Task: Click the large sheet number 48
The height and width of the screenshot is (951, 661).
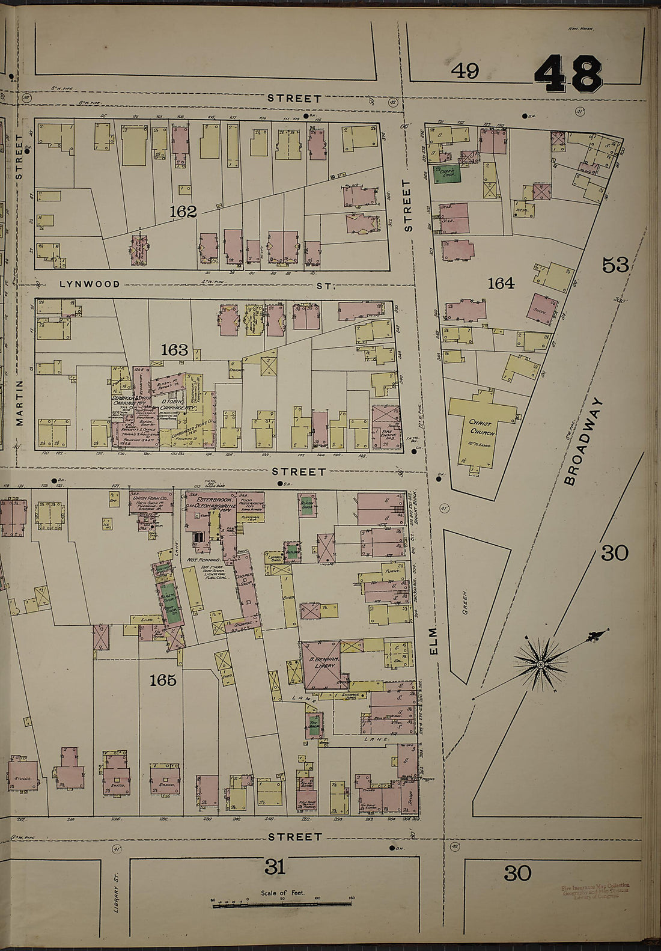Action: pyautogui.click(x=568, y=73)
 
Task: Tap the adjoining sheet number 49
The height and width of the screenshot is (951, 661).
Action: pyautogui.click(x=465, y=71)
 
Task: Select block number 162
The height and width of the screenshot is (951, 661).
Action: pyautogui.click(x=183, y=212)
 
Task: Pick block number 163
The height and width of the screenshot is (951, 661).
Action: pyautogui.click(x=174, y=350)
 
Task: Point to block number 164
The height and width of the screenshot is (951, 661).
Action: pyautogui.click(x=501, y=283)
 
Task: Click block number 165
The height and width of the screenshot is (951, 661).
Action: pyautogui.click(x=163, y=680)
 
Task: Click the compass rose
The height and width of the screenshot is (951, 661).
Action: pyautogui.click(x=540, y=664)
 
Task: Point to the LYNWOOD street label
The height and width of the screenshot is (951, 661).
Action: pyautogui.click(x=90, y=284)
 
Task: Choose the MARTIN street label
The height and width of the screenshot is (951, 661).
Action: pyautogui.click(x=19, y=402)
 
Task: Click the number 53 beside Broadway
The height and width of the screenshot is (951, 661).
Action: pyautogui.click(x=614, y=265)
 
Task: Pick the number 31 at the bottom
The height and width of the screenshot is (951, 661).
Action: pyautogui.click(x=274, y=867)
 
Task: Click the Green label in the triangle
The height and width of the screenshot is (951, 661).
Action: pyautogui.click(x=465, y=601)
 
